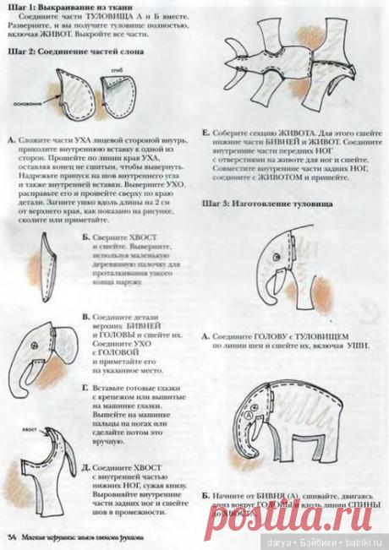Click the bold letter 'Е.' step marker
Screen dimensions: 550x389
click(x=206, y=132)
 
